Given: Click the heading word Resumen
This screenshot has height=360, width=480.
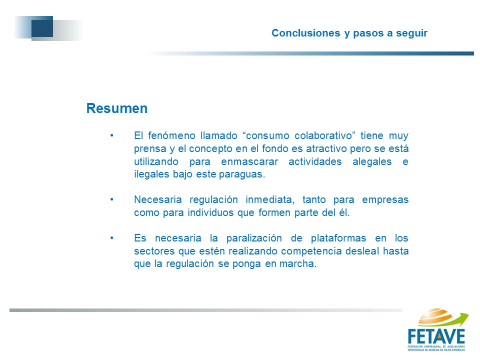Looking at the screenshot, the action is (x=117, y=108).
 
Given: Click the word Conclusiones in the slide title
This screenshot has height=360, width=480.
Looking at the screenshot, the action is (x=306, y=33).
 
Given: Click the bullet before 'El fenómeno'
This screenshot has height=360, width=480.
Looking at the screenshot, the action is (x=112, y=135).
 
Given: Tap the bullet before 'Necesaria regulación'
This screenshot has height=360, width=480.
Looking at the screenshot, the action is (x=112, y=199).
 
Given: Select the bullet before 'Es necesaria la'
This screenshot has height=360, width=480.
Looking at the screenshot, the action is (x=112, y=238).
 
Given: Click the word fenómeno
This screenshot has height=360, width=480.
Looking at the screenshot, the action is (x=171, y=135).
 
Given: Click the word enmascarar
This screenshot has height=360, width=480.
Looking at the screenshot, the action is (x=249, y=161).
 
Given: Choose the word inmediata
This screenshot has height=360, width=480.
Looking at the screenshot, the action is (x=270, y=199).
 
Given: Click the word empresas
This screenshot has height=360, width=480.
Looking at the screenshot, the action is (x=385, y=200).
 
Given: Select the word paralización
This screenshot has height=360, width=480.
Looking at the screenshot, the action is (x=254, y=238).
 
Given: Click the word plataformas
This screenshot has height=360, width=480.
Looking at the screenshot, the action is (x=338, y=238).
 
